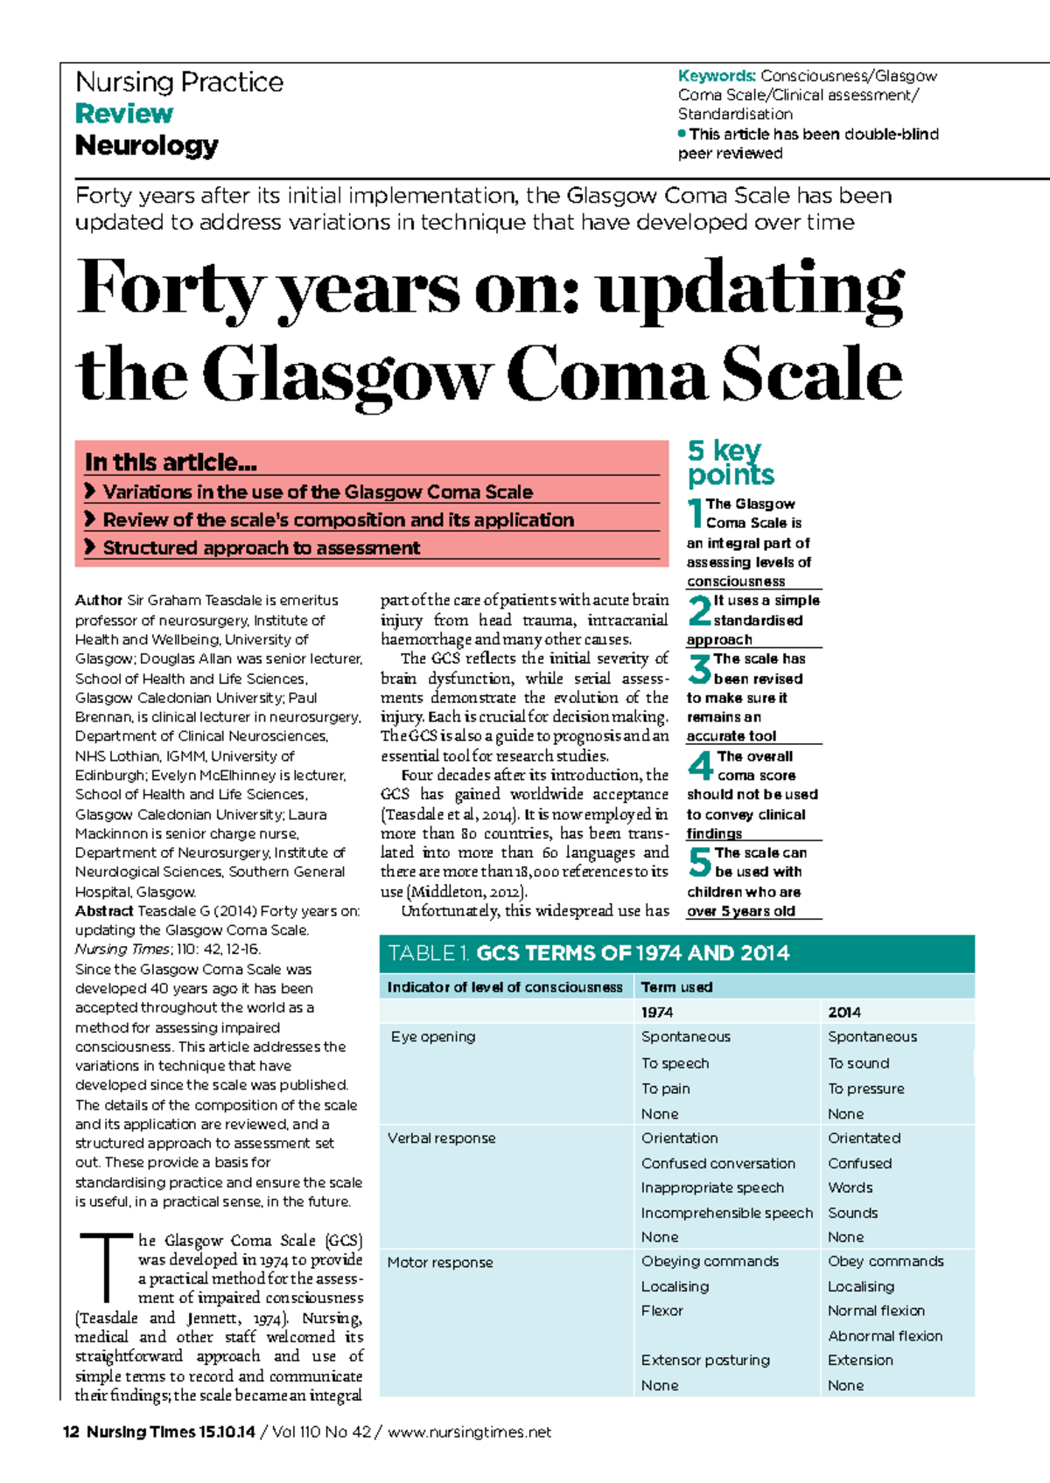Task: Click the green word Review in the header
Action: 124,114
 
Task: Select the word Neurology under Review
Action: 146,145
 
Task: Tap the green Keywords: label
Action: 717,76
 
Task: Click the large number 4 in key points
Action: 700,766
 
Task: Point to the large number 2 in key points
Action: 699,610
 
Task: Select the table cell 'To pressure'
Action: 866,1089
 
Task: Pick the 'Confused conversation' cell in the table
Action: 718,1163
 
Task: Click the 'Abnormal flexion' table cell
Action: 885,1336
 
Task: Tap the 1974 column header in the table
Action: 657,1012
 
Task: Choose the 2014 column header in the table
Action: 844,1012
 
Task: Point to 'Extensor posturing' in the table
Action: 705,1361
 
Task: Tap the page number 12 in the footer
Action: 71,1432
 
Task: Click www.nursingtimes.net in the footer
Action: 469,1432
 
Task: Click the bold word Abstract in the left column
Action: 104,911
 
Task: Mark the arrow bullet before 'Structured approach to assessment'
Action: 89,547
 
